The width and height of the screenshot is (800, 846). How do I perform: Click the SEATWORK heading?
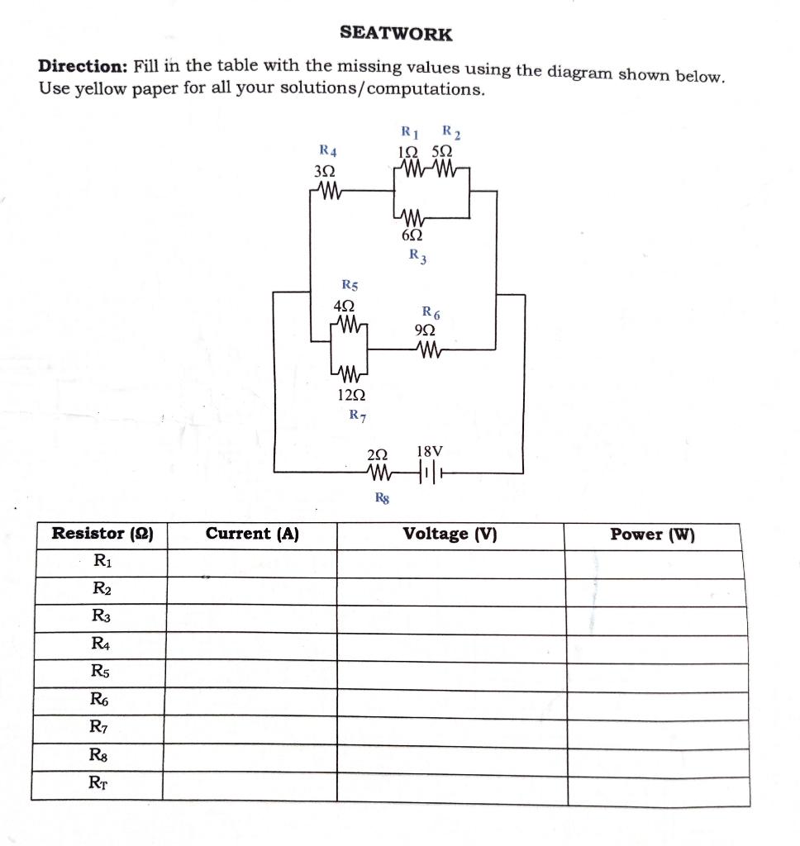(396, 34)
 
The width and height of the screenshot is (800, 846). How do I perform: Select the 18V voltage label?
(430, 452)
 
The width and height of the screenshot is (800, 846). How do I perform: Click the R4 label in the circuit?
(327, 150)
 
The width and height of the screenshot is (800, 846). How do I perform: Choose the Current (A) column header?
(251, 534)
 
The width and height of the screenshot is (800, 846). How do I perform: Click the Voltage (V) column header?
(450, 534)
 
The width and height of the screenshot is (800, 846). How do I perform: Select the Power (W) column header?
(652, 535)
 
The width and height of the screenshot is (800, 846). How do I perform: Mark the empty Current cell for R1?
(251, 563)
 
